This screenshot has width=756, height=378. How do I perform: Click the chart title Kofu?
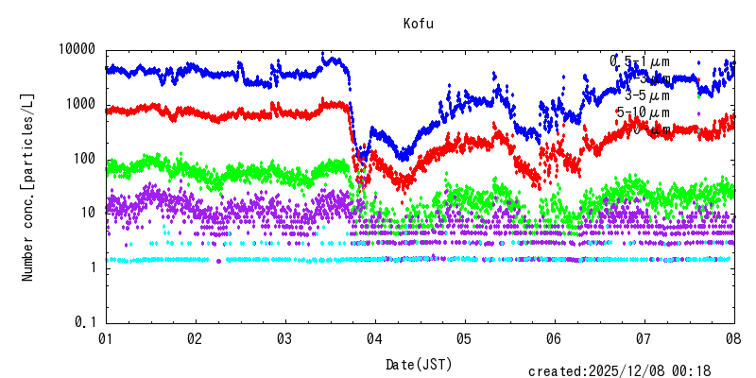[417, 24]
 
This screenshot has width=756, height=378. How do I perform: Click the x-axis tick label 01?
[106, 338]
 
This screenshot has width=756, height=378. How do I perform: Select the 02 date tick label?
[195, 338]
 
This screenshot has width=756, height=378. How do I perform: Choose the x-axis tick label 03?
[284, 338]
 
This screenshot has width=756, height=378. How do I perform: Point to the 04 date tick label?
[374, 338]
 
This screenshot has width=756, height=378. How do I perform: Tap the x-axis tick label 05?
[464, 338]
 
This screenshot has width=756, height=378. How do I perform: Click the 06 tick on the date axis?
[554, 338]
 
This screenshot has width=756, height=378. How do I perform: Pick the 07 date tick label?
[644, 338]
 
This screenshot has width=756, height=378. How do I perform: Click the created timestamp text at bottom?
[619, 371]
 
